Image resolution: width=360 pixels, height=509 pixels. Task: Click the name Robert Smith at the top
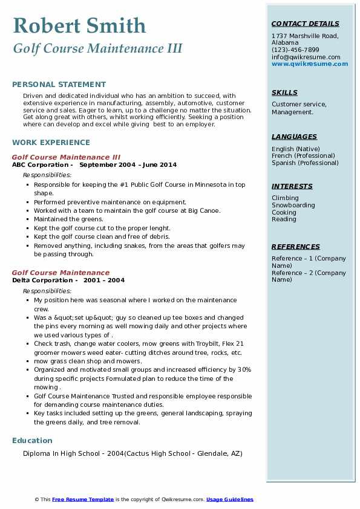pos(79,25)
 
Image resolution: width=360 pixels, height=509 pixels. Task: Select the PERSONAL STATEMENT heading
pos(59,85)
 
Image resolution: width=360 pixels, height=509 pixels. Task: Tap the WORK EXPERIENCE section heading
pos(51,143)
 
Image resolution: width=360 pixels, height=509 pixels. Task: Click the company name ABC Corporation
pos(41,164)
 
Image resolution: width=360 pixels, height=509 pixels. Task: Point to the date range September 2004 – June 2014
pos(128,164)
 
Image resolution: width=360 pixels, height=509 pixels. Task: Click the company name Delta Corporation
pos(42,280)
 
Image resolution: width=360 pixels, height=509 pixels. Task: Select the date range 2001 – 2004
pos(104,280)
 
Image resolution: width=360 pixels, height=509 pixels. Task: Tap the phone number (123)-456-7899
pos(295,50)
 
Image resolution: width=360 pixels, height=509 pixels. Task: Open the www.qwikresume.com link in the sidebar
pos(310,63)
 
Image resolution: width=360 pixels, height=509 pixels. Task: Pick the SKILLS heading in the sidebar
pos(284,93)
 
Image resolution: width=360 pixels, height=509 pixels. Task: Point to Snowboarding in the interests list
pos(293,206)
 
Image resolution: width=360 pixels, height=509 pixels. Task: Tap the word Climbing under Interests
pos(285,198)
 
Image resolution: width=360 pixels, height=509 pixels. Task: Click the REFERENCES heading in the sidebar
pos(296,247)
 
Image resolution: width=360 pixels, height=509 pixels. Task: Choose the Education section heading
pos(32,441)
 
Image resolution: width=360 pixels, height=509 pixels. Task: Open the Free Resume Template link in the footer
pos(83,499)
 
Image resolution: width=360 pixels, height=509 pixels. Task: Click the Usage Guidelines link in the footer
pos(230,499)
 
